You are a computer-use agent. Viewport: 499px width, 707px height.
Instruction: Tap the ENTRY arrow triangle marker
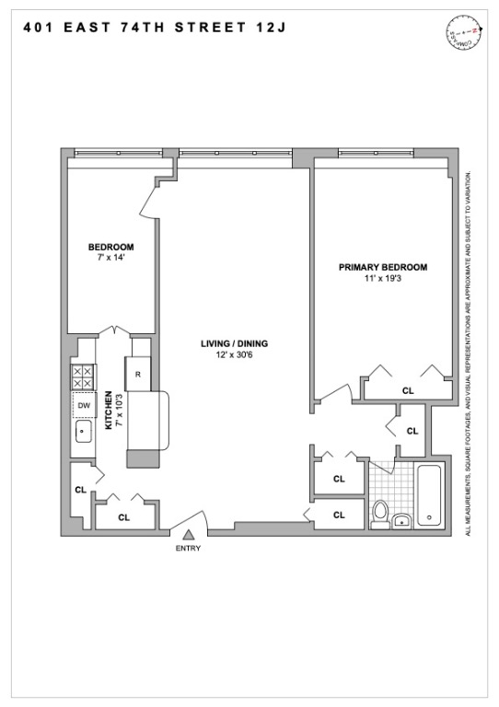tap(188, 535)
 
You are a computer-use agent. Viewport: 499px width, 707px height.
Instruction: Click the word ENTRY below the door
tap(188, 549)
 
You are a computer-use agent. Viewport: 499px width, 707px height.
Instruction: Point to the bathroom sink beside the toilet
tap(402, 522)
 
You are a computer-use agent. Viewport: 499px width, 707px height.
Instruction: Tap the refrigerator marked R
tap(138, 374)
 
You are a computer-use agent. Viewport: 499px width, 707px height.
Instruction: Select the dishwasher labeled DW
tap(83, 405)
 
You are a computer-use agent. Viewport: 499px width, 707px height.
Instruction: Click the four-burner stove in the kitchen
tap(83, 377)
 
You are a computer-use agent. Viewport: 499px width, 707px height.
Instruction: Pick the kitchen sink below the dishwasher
tap(83, 431)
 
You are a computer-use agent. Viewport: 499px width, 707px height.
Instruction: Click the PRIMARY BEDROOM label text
tap(383, 267)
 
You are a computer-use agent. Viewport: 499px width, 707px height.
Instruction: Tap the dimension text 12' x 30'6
tap(234, 355)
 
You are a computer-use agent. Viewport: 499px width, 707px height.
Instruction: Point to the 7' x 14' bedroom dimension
tap(111, 258)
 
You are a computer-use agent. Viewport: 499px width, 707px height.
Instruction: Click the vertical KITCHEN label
tap(109, 411)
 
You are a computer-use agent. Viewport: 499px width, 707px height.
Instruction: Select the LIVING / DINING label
tap(234, 344)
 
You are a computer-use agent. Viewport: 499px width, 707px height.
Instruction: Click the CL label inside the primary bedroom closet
tap(407, 390)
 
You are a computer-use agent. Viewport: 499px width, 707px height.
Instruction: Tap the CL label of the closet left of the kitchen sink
tap(80, 489)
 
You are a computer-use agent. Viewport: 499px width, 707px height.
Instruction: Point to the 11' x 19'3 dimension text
tap(383, 278)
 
